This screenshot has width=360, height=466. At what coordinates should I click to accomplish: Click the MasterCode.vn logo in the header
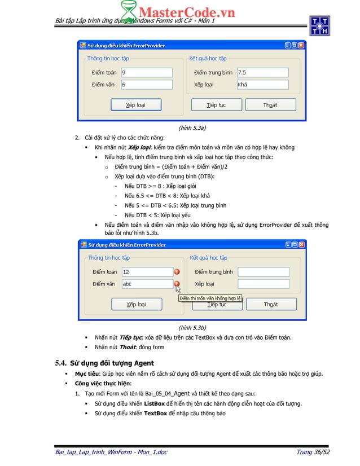pyautogui.click(x=179, y=12)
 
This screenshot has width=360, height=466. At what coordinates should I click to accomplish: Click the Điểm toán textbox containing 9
pyautogui.click(x=147, y=72)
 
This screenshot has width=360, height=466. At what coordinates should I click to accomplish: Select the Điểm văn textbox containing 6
pyautogui.click(x=147, y=85)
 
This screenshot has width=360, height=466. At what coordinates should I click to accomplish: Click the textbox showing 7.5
pyautogui.click(x=262, y=72)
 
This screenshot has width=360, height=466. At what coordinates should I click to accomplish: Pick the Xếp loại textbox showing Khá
pyautogui.click(x=262, y=85)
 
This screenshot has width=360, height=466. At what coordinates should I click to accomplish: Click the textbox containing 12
pyautogui.click(x=147, y=272)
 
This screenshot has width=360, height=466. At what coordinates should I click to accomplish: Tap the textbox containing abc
pyautogui.click(x=147, y=284)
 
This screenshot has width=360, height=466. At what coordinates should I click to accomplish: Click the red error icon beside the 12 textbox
pyautogui.click(x=177, y=272)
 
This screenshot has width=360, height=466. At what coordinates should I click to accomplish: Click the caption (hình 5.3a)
pyautogui.click(x=191, y=128)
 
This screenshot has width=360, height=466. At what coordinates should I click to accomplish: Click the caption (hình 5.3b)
pyautogui.click(x=191, y=327)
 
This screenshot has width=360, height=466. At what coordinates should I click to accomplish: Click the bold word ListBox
pyautogui.click(x=155, y=403)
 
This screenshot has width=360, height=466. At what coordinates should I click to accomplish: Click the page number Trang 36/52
pyautogui.click(x=313, y=452)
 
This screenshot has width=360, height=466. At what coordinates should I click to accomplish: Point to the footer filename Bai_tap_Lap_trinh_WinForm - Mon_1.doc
pyautogui.click(x=111, y=452)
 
